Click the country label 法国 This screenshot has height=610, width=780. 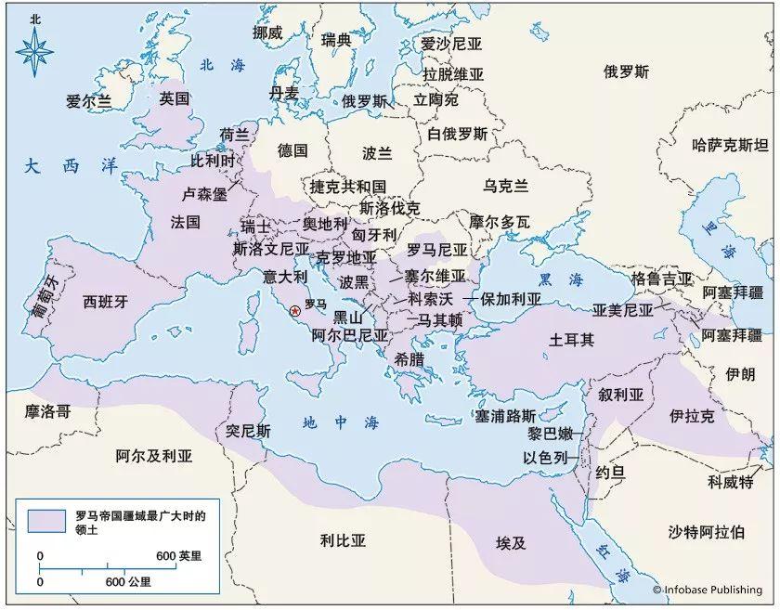(x=186, y=223)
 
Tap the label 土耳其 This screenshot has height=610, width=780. (x=573, y=340)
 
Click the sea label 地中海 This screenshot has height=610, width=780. (x=341, y=423)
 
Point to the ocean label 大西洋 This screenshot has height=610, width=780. (x=73, y=166)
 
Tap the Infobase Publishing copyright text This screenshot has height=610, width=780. (x=707, y=589)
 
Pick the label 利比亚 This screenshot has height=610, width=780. (x=344, y=539)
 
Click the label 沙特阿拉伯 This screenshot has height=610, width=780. (x=706, y=532)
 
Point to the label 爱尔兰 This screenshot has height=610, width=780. (x=89, y=102)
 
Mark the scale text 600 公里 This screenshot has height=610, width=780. (x=128, y=582)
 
